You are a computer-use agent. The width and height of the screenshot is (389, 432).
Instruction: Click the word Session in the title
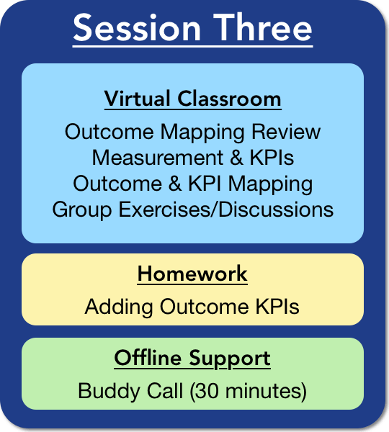coord(137,27)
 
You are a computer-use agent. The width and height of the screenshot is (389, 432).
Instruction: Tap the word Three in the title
coord(263,27)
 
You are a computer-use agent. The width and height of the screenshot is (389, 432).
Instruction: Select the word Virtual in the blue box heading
coord(138,99)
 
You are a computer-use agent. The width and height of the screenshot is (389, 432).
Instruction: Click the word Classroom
coord(229,99)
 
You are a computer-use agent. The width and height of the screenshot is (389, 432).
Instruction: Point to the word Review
coord(286,132)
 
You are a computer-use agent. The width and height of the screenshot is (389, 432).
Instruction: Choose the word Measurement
coord(158,158)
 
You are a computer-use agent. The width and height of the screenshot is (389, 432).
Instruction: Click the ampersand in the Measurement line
coord(236,158)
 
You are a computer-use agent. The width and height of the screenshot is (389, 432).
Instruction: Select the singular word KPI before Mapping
coord(205,184)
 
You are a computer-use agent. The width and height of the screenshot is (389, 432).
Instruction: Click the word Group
coord(82,210)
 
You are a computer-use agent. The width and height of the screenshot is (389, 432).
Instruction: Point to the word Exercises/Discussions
coord(226,210)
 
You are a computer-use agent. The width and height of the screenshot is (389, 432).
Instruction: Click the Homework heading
coord(192,274)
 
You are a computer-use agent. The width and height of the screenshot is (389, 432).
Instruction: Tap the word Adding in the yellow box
coord(119,307)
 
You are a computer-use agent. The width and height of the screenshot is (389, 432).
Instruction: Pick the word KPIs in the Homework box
coord(277,307)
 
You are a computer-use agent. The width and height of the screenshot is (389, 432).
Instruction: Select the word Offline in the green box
coord(148,358)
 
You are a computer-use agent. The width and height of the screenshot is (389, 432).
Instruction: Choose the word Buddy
coord(109,391)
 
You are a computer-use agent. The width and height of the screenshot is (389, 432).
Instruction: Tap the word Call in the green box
coord(165,390)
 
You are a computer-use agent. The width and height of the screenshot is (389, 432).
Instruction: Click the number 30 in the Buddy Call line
coord(206,391)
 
